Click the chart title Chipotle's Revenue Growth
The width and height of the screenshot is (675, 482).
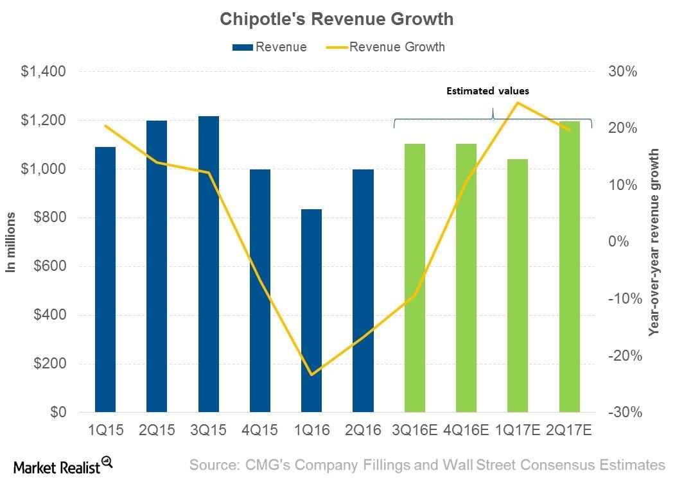(337, 19)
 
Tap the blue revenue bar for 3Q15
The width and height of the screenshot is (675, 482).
(209, 264)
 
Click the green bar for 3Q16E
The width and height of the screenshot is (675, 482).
(415, 278)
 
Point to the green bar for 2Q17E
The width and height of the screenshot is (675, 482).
(570, 266)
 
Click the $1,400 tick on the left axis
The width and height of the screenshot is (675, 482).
(44, 72)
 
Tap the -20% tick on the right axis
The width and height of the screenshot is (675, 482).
(620, 356)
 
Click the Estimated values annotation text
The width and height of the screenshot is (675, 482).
(488, 91)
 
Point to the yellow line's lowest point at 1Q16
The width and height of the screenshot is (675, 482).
(311, 375)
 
